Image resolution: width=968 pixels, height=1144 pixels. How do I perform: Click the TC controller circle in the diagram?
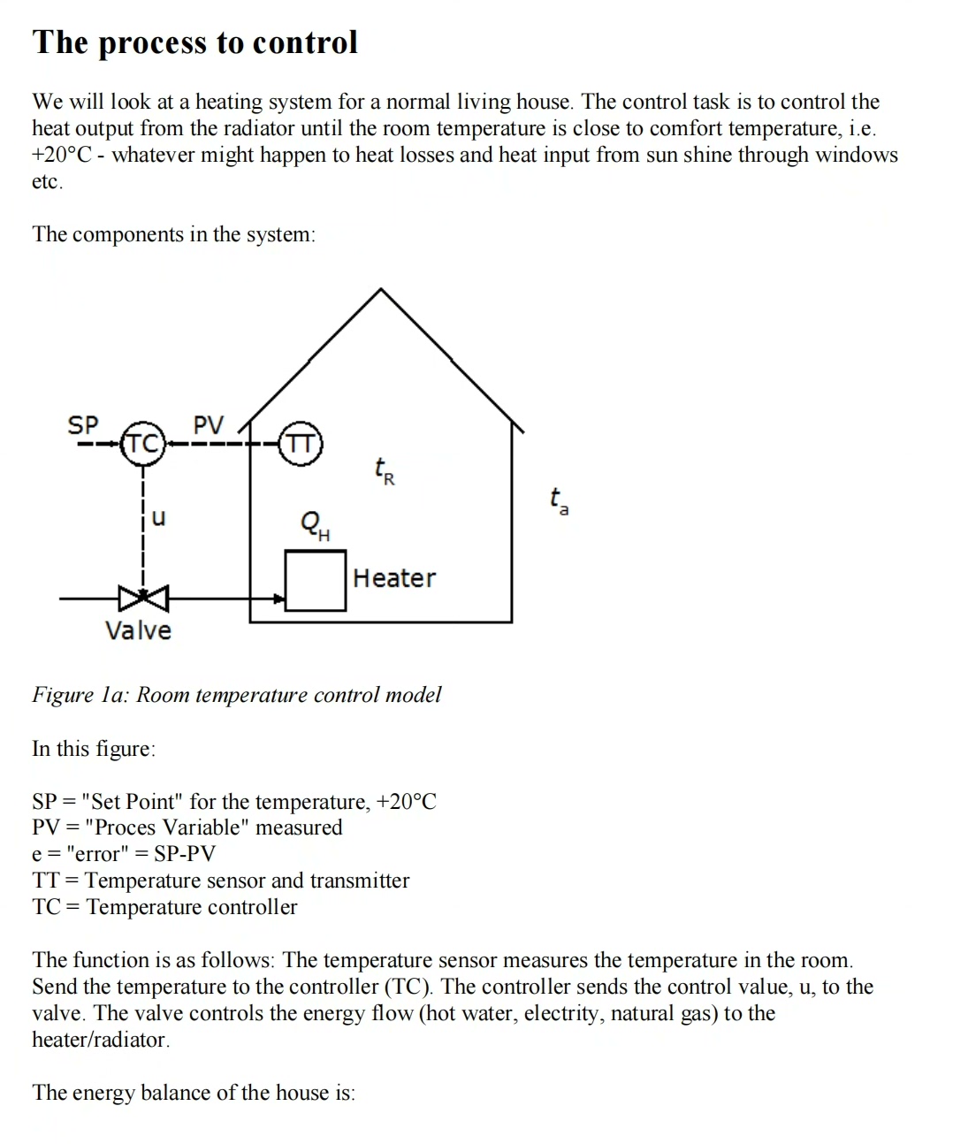(143, 443)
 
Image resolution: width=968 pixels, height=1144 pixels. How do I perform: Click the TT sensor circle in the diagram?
(301, 443)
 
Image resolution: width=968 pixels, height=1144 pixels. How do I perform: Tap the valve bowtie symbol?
(143, 599)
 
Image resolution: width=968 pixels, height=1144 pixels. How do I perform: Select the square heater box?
(315, 580)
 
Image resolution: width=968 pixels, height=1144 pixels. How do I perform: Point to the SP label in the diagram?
(83, 425)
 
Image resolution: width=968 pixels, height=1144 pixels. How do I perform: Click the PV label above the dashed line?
(209, 425)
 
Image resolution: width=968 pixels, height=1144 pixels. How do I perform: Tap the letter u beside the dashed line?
(158, 517)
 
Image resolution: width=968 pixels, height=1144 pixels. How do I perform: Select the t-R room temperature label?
(384, 471)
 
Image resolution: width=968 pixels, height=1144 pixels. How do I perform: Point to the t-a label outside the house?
(559, 500)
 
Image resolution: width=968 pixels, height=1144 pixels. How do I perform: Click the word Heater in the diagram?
(394, 578)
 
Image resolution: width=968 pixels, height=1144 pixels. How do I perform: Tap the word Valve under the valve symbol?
(138, 630)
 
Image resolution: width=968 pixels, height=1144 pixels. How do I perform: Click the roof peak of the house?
(381, 290)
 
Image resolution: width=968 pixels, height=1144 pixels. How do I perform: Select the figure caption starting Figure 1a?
(236, 695)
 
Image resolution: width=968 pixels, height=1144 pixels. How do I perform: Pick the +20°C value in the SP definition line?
(406, 802)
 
